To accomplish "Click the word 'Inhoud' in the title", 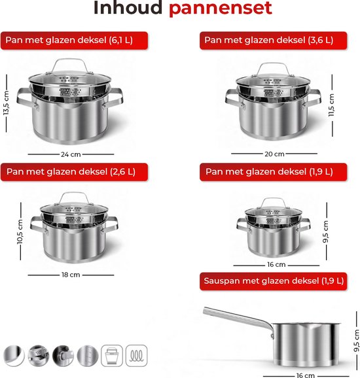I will point(128,9).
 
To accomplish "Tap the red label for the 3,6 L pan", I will point(272,41).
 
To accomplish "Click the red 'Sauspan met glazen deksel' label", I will point(272,281).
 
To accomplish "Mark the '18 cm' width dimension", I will point(71,275).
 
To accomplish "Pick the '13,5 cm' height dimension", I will point(7,101).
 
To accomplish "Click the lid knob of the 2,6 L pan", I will point(72,198).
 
